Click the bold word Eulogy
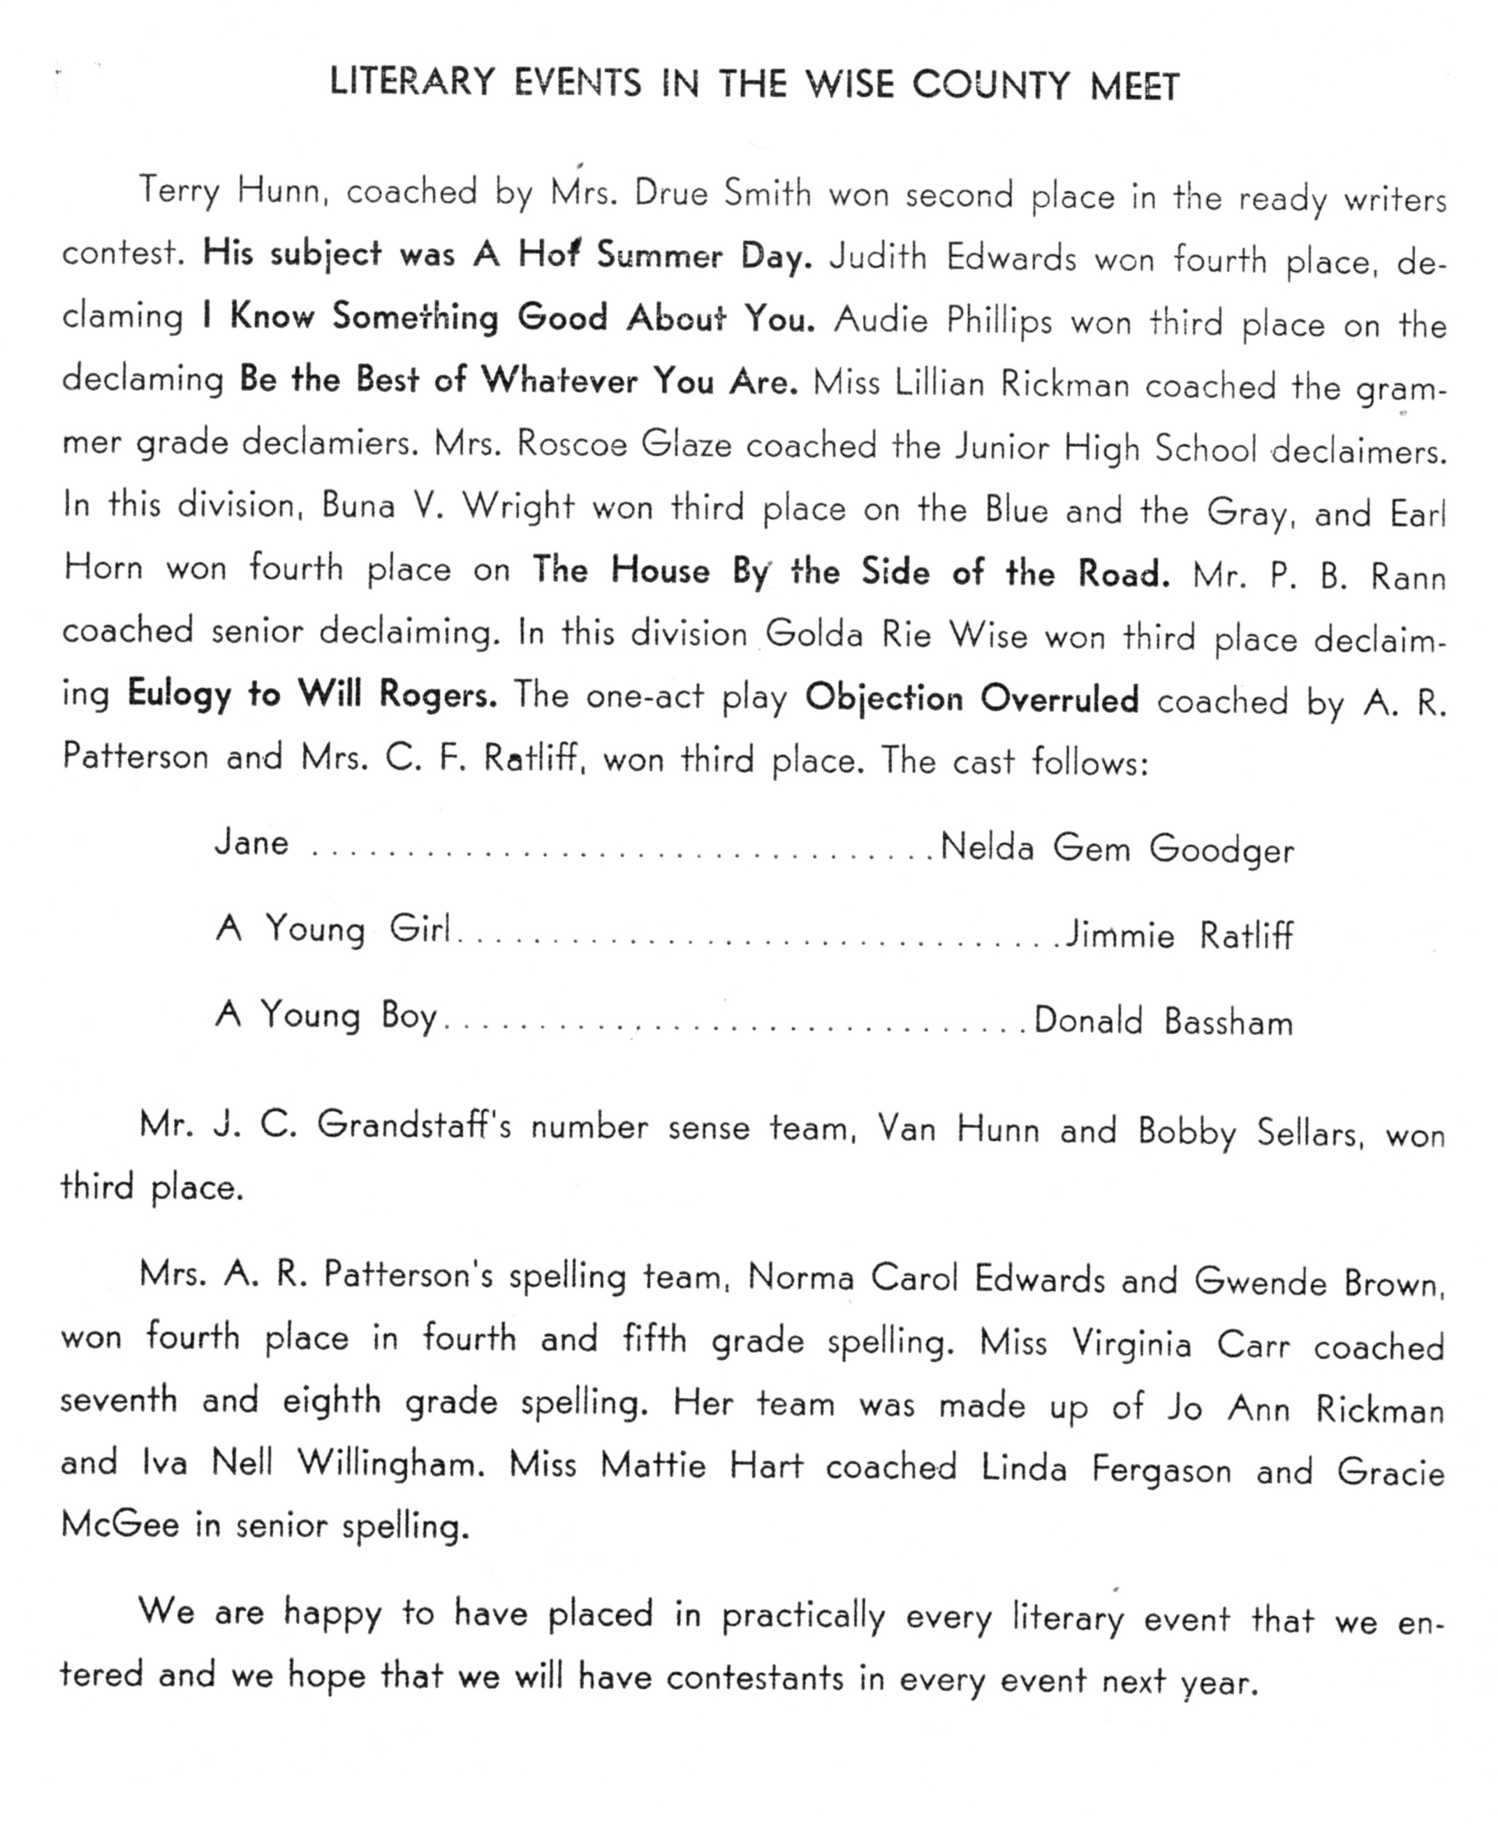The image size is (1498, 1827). (x=179, y=695)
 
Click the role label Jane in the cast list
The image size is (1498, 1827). (x=251, y=843)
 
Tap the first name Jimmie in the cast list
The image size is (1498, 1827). (x=1119, y=936)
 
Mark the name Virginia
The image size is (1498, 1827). (x=1131, y=1344)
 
